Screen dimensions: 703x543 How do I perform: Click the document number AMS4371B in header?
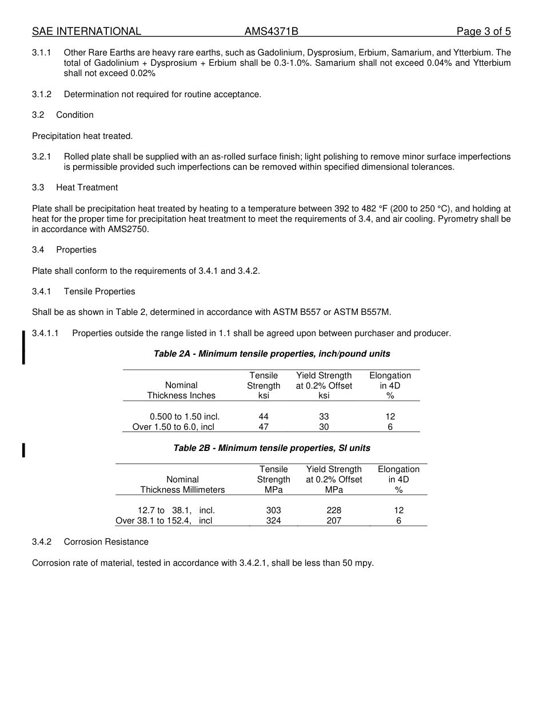(271, 31)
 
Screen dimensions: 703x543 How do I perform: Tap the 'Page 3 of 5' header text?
(484, 31)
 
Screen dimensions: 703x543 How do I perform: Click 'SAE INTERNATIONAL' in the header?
(86, 31)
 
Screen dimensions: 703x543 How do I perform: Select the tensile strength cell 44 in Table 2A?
(263, 417)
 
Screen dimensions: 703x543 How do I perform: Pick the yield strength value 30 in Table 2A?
(324, 427)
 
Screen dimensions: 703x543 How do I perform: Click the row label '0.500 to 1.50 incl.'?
(185, 417)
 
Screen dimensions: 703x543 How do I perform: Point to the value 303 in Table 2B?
(274, 510)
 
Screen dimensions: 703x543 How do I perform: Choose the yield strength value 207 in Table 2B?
(334, 521)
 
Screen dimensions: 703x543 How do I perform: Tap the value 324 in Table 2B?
(274, 521)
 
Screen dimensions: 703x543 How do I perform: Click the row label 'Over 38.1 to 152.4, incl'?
(164, 521)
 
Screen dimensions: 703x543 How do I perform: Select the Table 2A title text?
(272, 354)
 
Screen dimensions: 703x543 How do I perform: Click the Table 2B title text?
(272, 448)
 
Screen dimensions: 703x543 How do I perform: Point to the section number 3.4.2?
(42, 542)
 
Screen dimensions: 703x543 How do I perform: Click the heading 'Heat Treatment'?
(87, 187)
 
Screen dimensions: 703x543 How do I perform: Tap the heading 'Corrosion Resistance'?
(106, 542)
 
